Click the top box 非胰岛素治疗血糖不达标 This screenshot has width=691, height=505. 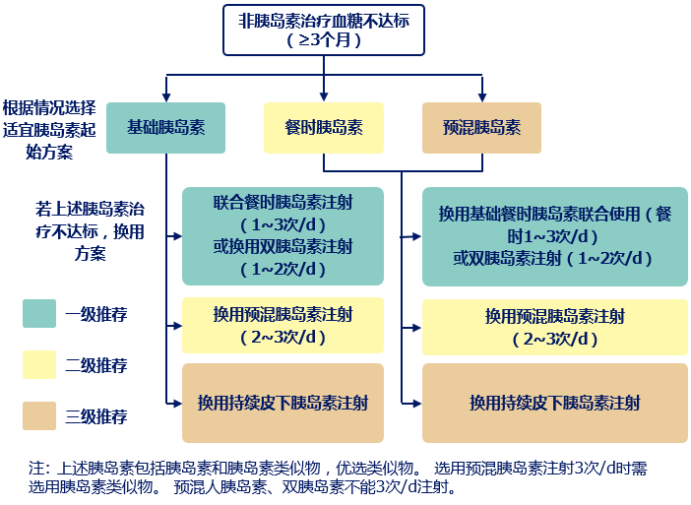[x=324, y=30]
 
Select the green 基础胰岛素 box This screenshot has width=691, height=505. [x=165, y=128]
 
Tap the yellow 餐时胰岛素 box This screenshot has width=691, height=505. [x=323, y=129]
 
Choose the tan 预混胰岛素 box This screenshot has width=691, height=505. [x=481, y=129]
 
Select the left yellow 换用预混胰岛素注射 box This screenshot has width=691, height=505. [x=283, y=326]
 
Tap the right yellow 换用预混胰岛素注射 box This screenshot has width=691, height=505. [x=554, y=328]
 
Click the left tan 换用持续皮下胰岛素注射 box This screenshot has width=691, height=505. [x=283, y=403]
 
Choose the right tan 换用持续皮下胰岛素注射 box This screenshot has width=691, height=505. [x=554, y=403]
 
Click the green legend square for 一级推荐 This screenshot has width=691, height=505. [x=39, y=314]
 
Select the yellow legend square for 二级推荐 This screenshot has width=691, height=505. [x=39, y=365]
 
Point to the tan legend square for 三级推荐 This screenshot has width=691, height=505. [x=39, y=416]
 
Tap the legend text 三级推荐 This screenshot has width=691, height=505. [x=96, y=416]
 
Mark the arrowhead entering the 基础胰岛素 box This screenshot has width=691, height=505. [x=165, y=97]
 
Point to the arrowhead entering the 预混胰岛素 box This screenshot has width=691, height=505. [x=481, y=97]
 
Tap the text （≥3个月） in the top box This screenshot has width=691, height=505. [x=324, y=40]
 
